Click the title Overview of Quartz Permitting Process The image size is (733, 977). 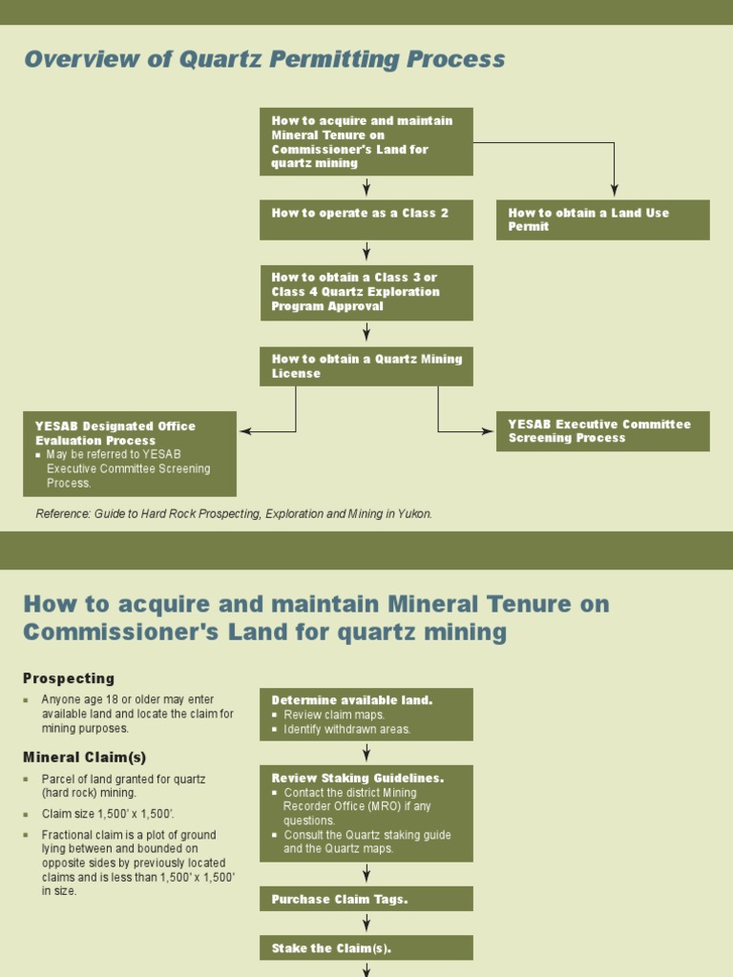tap(264, 59)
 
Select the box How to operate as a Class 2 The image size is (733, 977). tap(366, 219)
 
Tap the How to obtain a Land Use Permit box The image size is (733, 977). tap(602, 219)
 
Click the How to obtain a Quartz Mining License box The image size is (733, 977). tap(366, 366)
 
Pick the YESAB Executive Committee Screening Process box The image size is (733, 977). tap(602, 431)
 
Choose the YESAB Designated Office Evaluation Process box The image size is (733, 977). tap(129, 453)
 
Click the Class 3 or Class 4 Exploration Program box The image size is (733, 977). tap(366, 292)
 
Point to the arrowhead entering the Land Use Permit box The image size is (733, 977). tap(614, 191)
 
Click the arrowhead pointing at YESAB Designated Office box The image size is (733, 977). tap(244, 431)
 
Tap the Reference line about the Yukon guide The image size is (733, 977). tap(234, 513)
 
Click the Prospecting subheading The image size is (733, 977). tap(69, 678)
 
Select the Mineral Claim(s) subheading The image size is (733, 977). tap(85, 757)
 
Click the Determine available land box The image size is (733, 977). tap(366, 714)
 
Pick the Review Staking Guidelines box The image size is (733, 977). tap(366, 813)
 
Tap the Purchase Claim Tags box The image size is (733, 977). tap(366, 899)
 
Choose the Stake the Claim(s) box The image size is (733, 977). tap(366, 947)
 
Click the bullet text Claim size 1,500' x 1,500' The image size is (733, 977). tap(108, 814)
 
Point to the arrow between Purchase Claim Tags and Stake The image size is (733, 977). tap(366, 923)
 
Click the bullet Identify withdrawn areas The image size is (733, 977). tap(347, 729)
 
